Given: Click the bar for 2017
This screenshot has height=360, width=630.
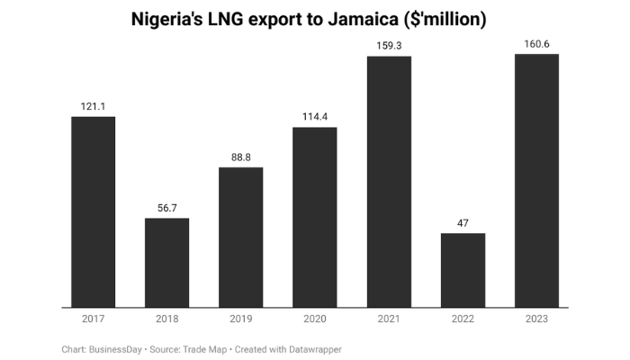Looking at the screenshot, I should point(94,212).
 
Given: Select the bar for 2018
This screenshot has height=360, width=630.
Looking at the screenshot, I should point(167,263).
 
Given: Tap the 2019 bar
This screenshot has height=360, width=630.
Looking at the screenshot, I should point(241,238).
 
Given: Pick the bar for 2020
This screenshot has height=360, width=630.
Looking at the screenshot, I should point(315,218).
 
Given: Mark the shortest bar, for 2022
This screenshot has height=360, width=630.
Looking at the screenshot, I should point(463,270).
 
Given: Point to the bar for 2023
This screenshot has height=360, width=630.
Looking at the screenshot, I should point(536,181).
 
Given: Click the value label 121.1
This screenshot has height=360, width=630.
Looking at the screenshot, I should point(94,107).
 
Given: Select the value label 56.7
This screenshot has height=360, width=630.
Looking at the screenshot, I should point(167,208).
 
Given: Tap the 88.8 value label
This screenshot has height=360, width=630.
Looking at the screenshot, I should point(241,157).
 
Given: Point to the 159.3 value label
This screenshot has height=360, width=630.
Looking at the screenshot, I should point(389,46).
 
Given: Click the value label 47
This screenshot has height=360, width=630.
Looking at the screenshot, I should point(463,223).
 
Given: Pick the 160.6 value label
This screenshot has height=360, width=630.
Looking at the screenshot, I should point(536,44).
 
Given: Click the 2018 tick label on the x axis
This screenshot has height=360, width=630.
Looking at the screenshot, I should point(167,319).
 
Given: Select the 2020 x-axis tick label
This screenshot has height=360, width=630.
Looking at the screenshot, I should point(315,319).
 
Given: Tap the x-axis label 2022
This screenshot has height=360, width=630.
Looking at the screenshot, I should point(463,319).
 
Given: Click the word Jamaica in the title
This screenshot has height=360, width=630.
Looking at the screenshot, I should point(364,19).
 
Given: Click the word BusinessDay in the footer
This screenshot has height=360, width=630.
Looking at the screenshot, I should point(115,348).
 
